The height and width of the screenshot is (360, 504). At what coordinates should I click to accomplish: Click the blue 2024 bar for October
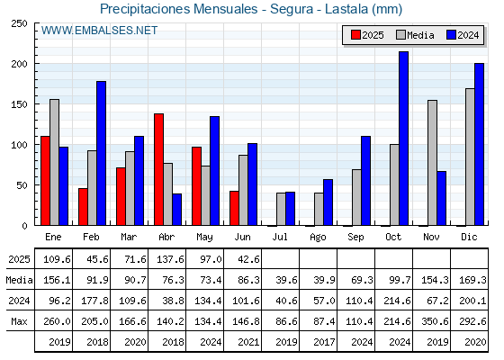click(x=404, y=139)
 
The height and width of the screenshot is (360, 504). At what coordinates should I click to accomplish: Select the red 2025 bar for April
click(x=158, y=169)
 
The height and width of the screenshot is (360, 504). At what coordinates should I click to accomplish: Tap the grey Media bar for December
click(x=470, y=157)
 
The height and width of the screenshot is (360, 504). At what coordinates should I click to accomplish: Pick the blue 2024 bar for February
click(x=101, y=153)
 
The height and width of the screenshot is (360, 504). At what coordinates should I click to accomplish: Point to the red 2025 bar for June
click(x=234, y=208)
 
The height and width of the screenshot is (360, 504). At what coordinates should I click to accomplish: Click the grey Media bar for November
click(x=432, y=163)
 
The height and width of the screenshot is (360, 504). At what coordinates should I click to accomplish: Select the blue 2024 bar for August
click(x=328, y=202)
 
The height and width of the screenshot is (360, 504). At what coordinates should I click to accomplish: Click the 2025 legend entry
click(x=368, y=35)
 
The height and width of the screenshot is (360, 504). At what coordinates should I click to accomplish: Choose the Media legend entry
click(x=415, y=35)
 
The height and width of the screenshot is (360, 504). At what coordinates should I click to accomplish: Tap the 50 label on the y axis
click(x=22, y=185)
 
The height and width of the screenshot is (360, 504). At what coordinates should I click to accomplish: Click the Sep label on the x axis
click(x=355, y=238)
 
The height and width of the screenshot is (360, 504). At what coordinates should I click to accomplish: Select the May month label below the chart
click(x=205, y=238)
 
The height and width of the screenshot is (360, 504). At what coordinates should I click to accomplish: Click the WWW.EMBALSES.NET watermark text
click(x=99, y=31)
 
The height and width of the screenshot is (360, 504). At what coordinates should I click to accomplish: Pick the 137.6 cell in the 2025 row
click(x=170, y=259)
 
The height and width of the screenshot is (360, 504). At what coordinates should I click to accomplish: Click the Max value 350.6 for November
click(x=435, y=321)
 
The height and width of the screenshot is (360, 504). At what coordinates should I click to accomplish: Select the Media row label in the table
click(x=19, y=280)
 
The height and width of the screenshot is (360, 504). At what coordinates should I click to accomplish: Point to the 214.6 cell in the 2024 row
click(x=397, y=301)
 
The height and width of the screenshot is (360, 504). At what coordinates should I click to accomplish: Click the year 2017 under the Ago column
click(x=324, y=342)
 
